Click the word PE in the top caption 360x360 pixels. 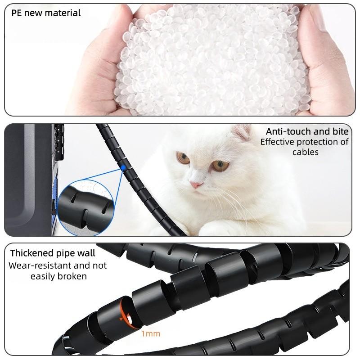click(16, 13)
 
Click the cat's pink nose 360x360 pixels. click(195, 184)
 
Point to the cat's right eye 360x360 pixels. click(220, 165)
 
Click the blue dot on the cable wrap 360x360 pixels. click(123, 168)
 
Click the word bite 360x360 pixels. click(339, 132)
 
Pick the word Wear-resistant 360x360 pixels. click(36, 265)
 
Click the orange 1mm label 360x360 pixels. click(150, 334)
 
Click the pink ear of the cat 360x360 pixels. click(242, 133)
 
